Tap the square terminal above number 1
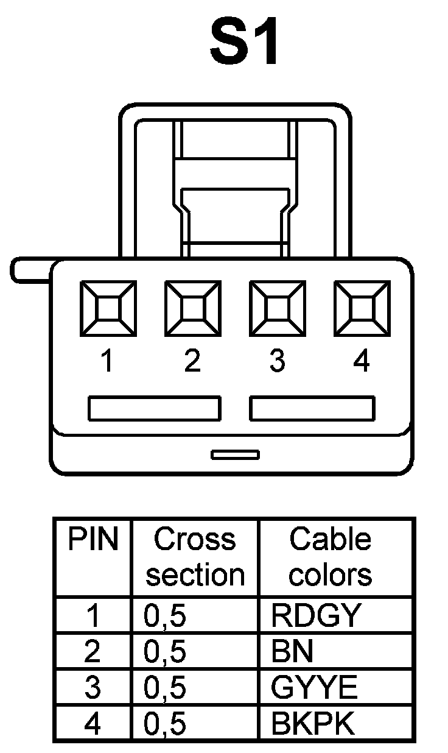click(x=108, y=308)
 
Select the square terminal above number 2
click(x=192, y=308)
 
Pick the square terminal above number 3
click(x=277, y=308)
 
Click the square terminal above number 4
click(x=362, y=308)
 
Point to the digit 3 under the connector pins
click(x=277, y=362)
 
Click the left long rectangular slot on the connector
click(x=154, y=408)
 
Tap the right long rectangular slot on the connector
click(x=312, y=408)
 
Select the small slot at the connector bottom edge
click(x=235, y=454)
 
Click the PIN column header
click(x=93, y=540)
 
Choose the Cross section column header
click(x=195, y=557)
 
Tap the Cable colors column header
click(x=330, y=557)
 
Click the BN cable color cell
click(x=293, y=652)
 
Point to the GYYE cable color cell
click(x=314, y=688)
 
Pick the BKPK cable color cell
click(x=313, y=724)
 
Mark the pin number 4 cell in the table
click(x=93, y=724)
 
